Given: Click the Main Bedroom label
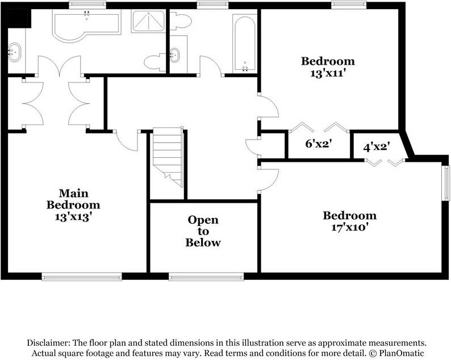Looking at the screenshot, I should (x=73, y=199).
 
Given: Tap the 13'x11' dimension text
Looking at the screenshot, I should (x=328, y=73).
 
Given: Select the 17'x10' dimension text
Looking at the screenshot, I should (x=349, y=227).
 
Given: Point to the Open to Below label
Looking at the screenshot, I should (x=203, y=231).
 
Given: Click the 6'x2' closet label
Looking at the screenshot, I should (x=319, y=144).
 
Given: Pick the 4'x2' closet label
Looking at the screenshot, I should (x=376, y=146).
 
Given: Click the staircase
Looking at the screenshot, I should (x=168, y=156).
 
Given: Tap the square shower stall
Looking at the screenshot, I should (x=149, y=22).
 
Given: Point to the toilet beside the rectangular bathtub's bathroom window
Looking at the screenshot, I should (x=182, y=21).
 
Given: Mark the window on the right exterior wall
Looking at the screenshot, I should (x=446, y=182).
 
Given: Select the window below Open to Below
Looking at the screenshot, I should (x=206, y=277).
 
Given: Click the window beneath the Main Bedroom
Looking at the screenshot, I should (x=81, y=277).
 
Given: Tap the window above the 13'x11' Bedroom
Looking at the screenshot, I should (x=348, y=5).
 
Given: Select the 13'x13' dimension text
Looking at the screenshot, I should (x=73, y=216).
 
